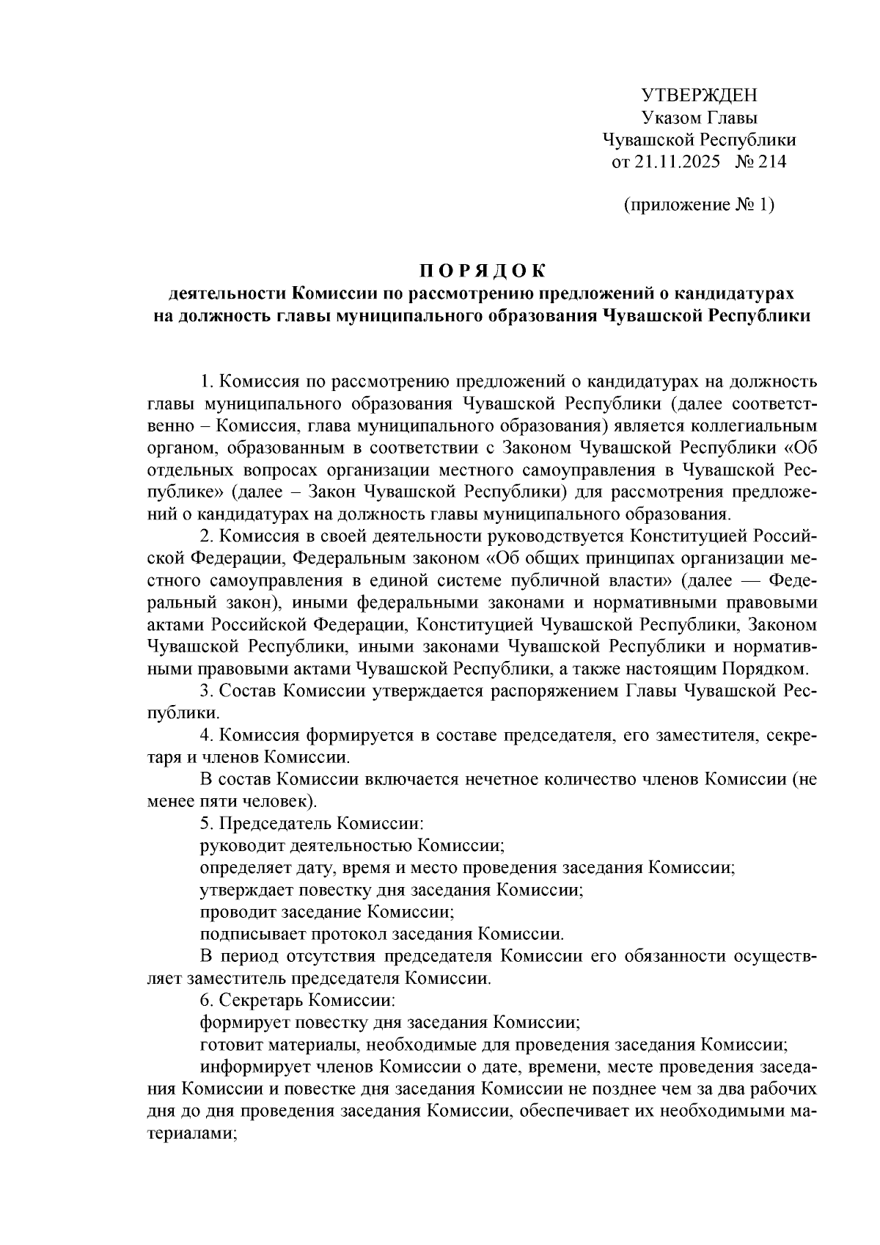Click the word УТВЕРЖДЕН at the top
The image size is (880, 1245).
[x=698, y=95]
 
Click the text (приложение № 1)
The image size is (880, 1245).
[x=698, y=205]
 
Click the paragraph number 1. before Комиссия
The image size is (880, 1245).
[x=207, y=381]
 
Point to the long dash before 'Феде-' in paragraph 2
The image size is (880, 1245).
[x=745, y=580]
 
